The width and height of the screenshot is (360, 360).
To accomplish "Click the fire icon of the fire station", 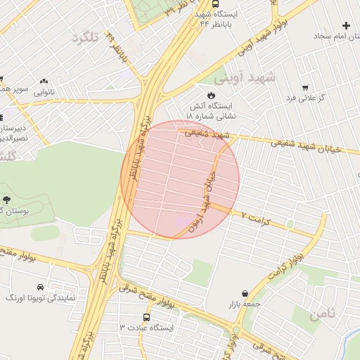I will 210,94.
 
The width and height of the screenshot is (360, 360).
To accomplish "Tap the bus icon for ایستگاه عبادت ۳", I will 146,317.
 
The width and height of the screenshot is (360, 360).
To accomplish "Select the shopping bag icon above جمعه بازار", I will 244,292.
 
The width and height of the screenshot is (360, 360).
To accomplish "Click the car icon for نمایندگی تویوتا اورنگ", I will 40,288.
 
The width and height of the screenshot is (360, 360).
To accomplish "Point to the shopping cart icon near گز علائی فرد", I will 305,88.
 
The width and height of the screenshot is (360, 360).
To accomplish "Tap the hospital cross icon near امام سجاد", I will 346,25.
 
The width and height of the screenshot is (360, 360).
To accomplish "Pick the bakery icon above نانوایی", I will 44,82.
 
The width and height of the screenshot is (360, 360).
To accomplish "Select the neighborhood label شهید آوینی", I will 250,76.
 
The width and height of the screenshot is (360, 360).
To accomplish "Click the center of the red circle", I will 180,179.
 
